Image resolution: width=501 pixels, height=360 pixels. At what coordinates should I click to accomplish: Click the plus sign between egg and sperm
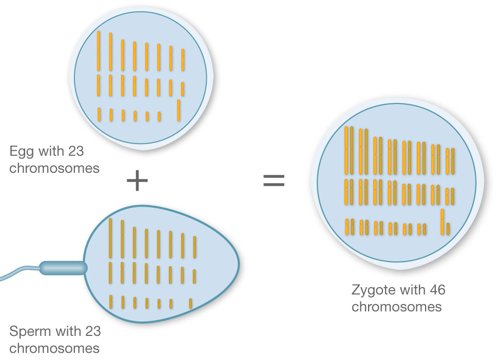pos(137,181)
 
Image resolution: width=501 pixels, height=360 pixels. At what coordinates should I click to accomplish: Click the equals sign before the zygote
pos(274,181)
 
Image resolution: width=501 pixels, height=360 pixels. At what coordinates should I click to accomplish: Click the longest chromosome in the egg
pos(99,51)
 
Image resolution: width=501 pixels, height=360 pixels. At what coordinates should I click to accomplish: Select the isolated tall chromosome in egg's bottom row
pos(179,110)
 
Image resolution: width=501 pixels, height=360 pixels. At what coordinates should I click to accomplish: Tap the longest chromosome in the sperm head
pos(110,238)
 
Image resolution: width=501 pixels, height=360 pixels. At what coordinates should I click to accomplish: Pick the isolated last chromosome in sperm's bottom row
pos(190,303)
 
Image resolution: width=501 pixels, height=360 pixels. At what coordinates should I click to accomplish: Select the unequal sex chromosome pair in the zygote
pos(445,222)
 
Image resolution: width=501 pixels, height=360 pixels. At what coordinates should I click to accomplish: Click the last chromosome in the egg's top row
pos(183,59)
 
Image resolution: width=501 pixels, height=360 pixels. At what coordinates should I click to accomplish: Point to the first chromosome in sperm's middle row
pos(110,272)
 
